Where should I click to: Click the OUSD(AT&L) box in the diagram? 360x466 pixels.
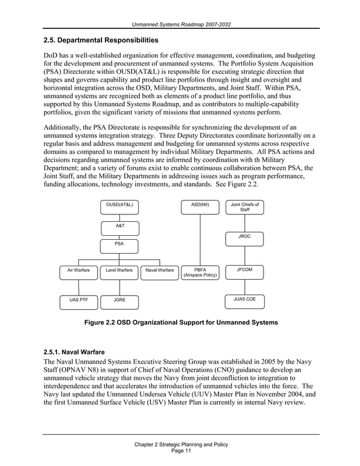click(120, 207)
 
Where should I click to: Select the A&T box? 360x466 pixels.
click(120, 227)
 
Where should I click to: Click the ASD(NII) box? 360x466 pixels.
click(200, 207)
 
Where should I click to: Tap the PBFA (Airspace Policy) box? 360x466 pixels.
click(200, 273)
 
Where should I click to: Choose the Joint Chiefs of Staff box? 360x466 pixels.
click(245, 207)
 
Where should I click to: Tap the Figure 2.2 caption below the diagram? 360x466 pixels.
click(181, 323)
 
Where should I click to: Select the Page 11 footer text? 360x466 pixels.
click(181, 451)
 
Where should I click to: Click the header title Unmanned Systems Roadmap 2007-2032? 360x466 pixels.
click(181, 24)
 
